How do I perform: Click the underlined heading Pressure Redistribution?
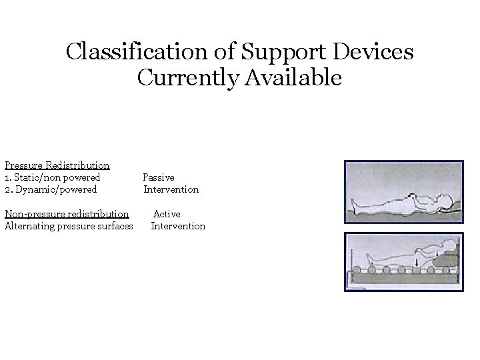57,165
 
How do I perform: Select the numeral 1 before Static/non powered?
7,177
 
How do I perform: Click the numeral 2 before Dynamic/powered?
7,189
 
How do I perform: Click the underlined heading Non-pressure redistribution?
67,214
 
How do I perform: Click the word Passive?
159,177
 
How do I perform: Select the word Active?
167,214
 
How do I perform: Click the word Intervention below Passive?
171,189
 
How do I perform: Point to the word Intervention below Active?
178,226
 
